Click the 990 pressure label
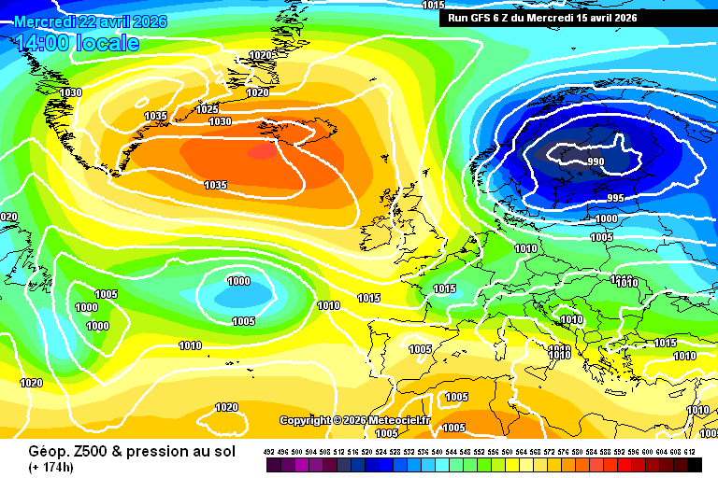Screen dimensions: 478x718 [x=596, y=162]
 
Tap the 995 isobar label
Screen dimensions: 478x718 [x=614, y=198]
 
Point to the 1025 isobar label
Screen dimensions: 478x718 [x=208, y=110]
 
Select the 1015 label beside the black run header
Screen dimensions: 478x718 [x=433, y=5]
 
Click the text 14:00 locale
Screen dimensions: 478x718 [x=77, y=43]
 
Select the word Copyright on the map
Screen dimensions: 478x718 [x=306, y=420]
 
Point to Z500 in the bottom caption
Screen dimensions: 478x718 [x=77, y=450]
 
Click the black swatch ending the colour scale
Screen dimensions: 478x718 [x=694, y=464]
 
